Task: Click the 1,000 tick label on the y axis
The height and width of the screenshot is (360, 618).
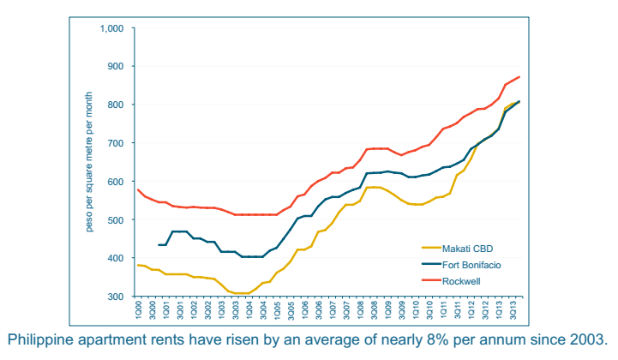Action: point(111,28)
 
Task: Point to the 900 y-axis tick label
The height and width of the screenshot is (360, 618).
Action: point(116,66)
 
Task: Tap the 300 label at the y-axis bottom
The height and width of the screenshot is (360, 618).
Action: point(116,296)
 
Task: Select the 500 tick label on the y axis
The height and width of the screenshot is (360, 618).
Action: point(116,219)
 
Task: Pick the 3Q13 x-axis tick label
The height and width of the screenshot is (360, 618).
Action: point(513,309)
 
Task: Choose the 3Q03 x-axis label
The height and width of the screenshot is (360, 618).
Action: point(236,309)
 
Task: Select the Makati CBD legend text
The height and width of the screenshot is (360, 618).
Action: point(467,249)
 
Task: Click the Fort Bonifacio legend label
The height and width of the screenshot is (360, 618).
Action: point(471,265)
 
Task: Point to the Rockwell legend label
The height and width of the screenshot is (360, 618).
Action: point(461,281)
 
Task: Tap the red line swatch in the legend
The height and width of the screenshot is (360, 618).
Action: point(431,280)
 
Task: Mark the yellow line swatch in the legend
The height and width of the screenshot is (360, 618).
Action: point(431,248)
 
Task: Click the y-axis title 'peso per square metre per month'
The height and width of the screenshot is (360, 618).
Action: point(89,162)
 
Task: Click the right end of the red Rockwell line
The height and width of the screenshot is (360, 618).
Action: point(520,77)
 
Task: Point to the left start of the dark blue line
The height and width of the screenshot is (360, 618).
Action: point(159,245)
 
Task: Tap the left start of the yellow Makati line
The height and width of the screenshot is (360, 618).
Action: point(137,265)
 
